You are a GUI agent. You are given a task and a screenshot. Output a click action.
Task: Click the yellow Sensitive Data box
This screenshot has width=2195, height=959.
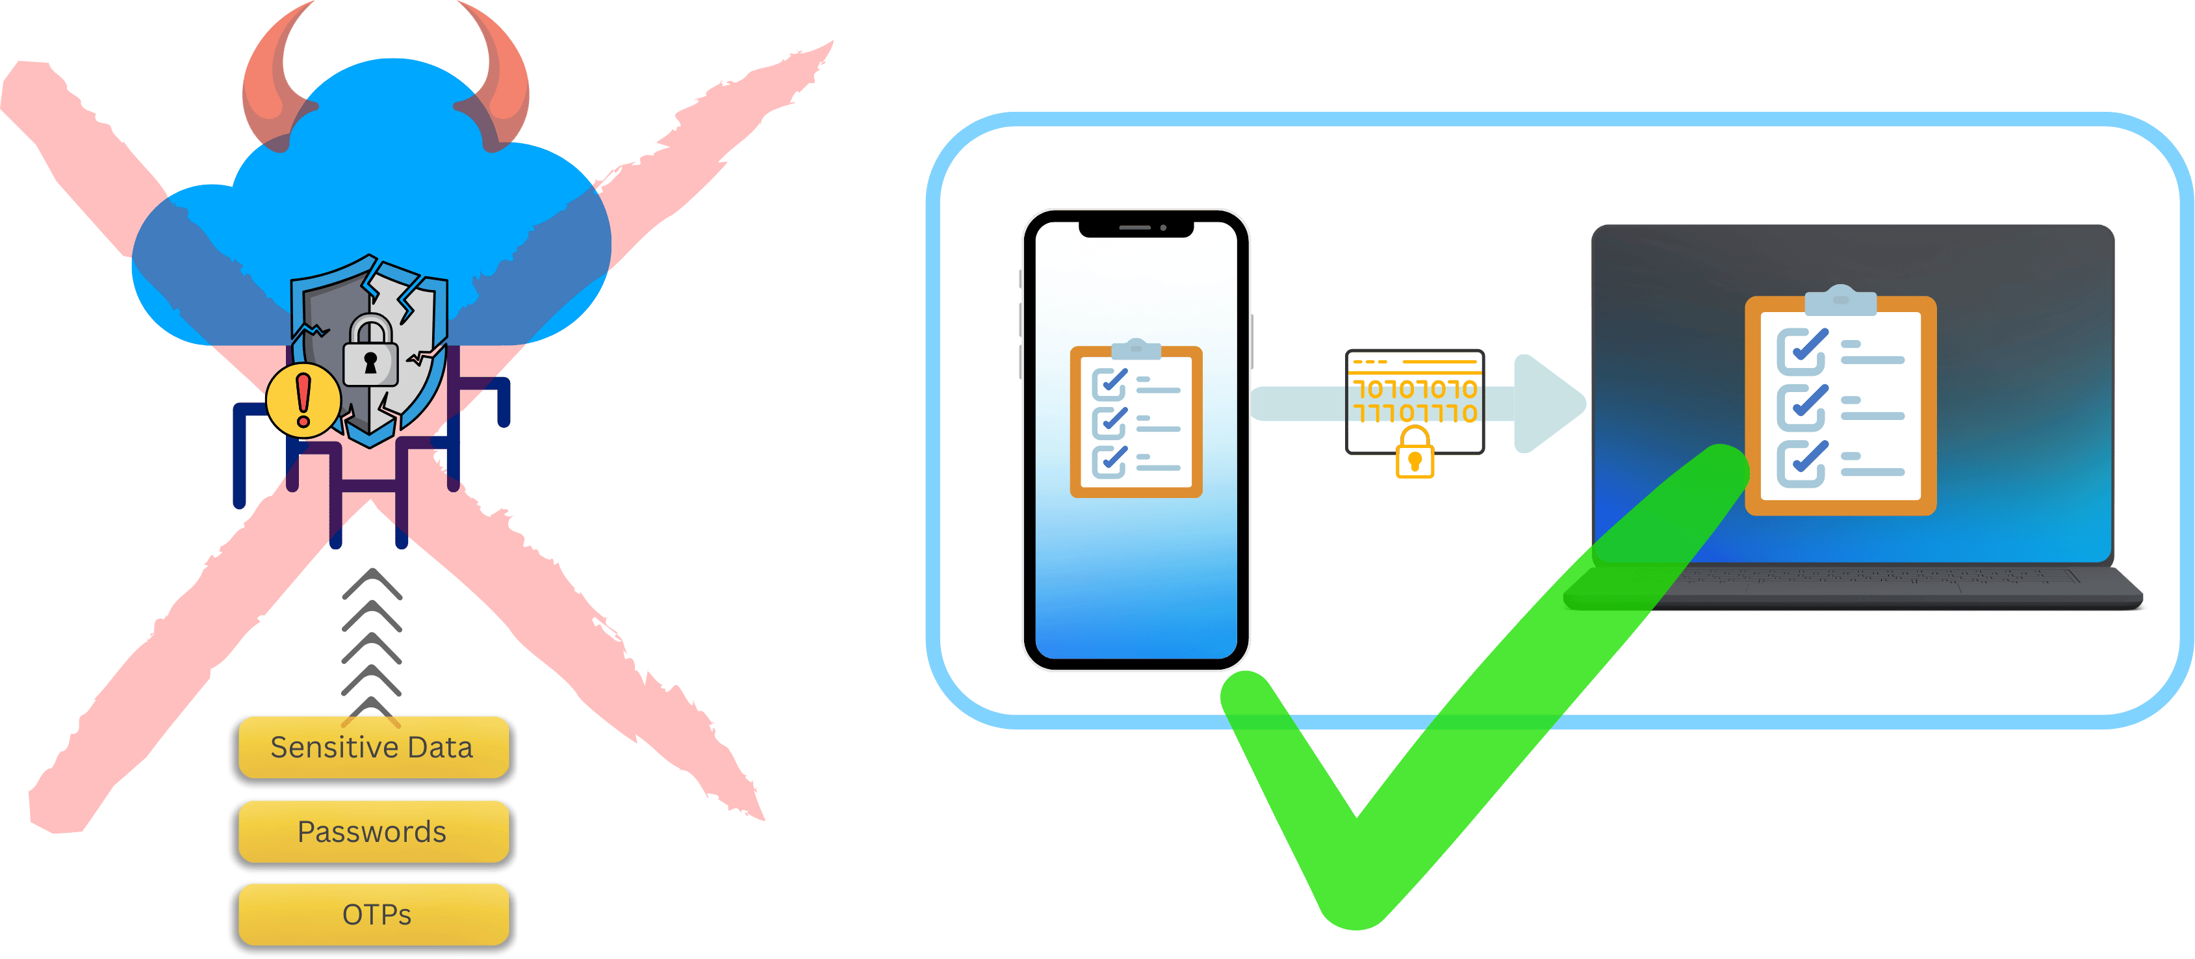click(372, 748)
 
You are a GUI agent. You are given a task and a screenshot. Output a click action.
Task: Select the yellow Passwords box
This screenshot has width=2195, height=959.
click(372, 831)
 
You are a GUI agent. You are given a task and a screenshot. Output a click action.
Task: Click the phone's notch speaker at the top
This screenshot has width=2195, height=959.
click(1135, 228)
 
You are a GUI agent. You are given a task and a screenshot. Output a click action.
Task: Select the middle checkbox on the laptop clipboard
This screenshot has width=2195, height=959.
click(1801, 406)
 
